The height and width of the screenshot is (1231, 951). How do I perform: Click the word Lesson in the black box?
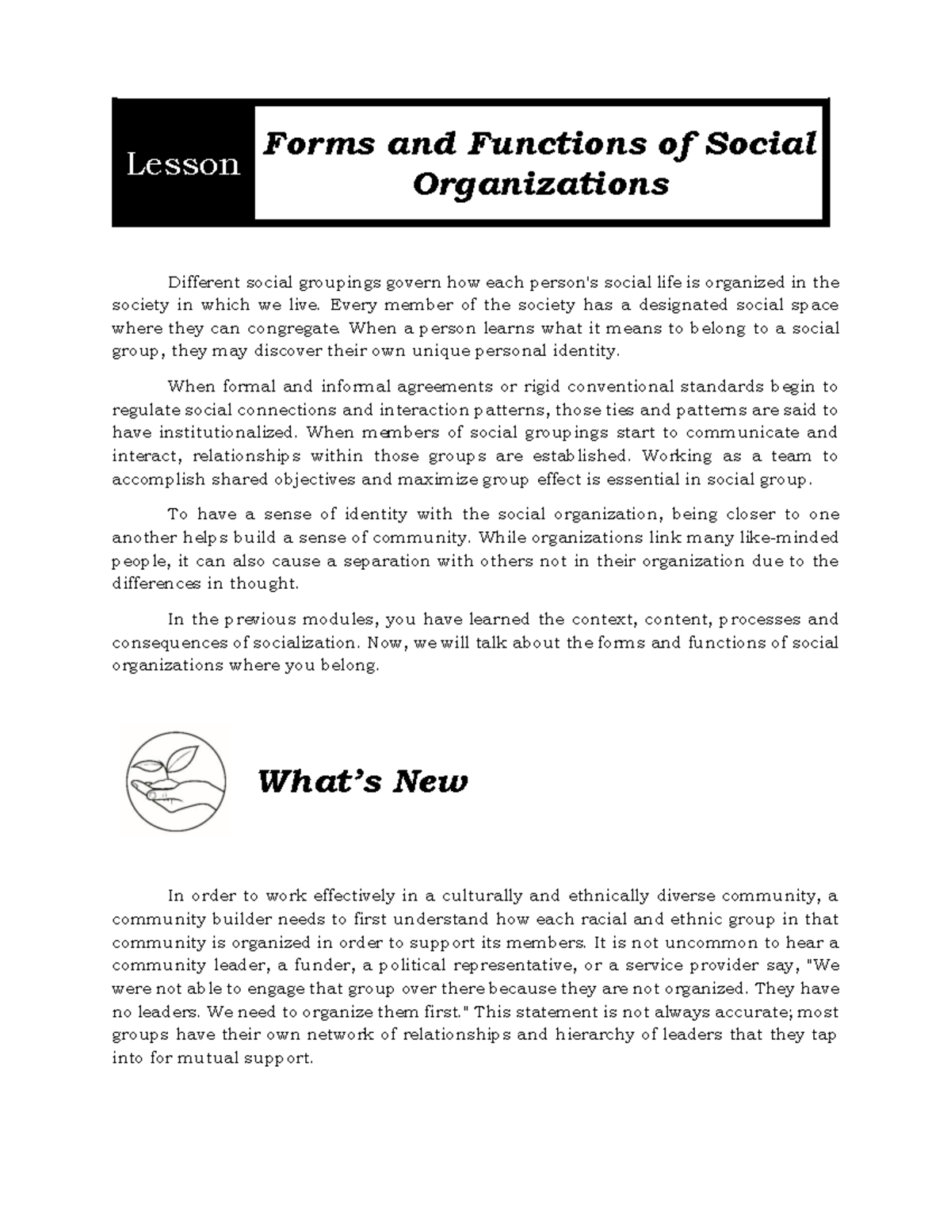coord(183,164)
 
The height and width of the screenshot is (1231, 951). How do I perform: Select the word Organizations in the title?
coord(541,184)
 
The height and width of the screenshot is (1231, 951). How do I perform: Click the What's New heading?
coord(363,782)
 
